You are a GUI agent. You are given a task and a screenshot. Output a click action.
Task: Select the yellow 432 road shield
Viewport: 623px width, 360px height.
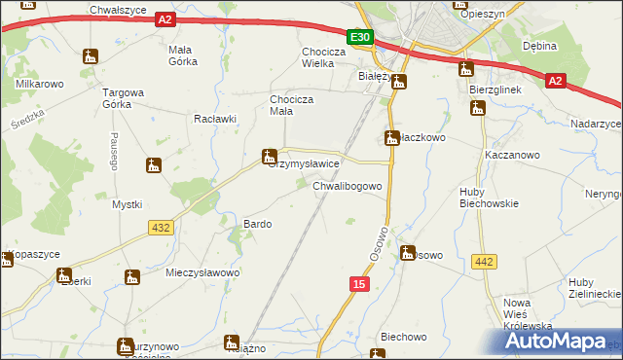point(162,227)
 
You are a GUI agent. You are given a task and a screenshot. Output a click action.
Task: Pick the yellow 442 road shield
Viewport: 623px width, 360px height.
point(484,261)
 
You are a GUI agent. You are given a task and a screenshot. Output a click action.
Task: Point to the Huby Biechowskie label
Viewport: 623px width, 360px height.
point(489,198)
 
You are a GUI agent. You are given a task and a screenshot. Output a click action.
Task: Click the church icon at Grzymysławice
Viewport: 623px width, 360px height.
point(270,156)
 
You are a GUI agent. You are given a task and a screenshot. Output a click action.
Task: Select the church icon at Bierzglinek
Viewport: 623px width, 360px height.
point(477,110)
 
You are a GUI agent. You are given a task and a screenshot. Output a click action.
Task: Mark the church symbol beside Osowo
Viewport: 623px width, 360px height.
point(408,252)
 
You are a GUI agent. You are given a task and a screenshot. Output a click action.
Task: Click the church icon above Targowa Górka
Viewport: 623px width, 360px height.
point(91,56)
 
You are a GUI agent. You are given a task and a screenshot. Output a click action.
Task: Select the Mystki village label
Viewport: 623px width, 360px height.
point(128,204)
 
